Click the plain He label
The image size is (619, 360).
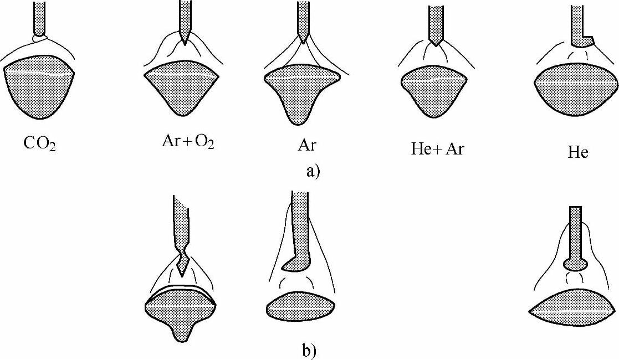click(578, 151)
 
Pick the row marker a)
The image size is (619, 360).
click(313, 170)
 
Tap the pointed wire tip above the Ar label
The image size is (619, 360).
click(303, 38)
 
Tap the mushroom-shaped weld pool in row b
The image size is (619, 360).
click(181, 313)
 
